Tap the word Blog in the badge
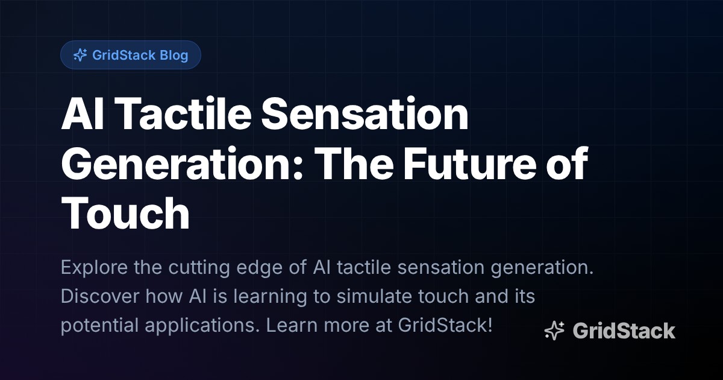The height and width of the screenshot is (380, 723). tap(174, 55)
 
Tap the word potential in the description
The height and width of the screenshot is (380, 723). tap(100, 326)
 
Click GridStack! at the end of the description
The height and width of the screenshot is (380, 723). tap(445, 326)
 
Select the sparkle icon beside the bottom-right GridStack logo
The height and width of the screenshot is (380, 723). tap(554, 331)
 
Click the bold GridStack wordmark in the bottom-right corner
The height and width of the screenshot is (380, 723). tap(624, 331)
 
